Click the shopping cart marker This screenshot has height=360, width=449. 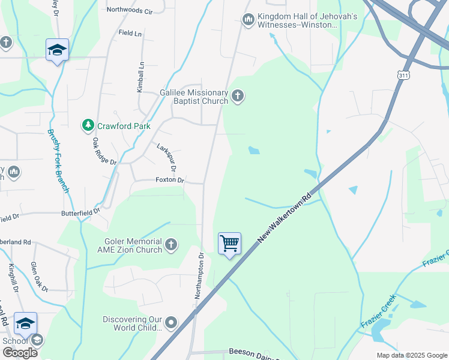229,244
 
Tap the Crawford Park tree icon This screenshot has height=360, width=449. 88,125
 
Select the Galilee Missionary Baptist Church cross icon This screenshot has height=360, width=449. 238,96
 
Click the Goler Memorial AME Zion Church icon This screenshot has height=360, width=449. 171,244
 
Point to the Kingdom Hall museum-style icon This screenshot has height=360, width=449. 248,20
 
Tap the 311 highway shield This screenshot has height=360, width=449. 403,74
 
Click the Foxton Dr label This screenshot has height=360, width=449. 170,180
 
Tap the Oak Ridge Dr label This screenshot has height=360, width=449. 103,151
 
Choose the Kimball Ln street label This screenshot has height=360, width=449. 140,77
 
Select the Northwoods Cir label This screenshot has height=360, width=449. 130,10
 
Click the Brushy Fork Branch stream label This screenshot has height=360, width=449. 58,161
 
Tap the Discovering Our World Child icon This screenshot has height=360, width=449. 171,323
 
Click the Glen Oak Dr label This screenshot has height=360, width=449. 39,277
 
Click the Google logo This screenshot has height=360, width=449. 20,353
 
